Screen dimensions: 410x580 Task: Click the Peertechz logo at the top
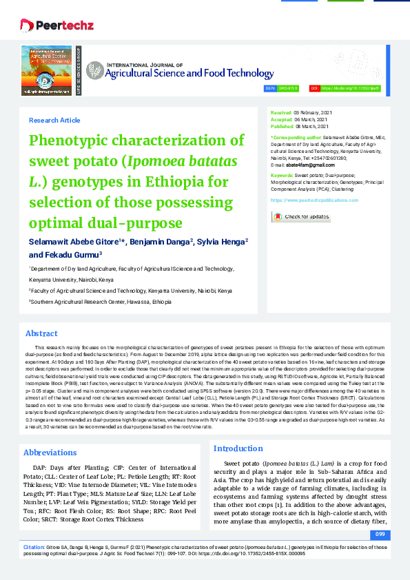click(x=48, y=25)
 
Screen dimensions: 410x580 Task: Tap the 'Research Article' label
click(x=54, y=121)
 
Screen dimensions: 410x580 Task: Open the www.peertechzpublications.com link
click(x=314, y=200)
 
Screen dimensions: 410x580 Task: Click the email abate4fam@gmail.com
click(x=311, y=165)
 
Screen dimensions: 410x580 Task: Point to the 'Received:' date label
click(x=281, y=112)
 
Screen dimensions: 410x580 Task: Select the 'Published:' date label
click(x=282, y=127)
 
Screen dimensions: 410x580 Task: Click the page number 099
click(x=380, y=535)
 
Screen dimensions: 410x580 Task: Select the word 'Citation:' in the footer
click(x=34, y=546)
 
